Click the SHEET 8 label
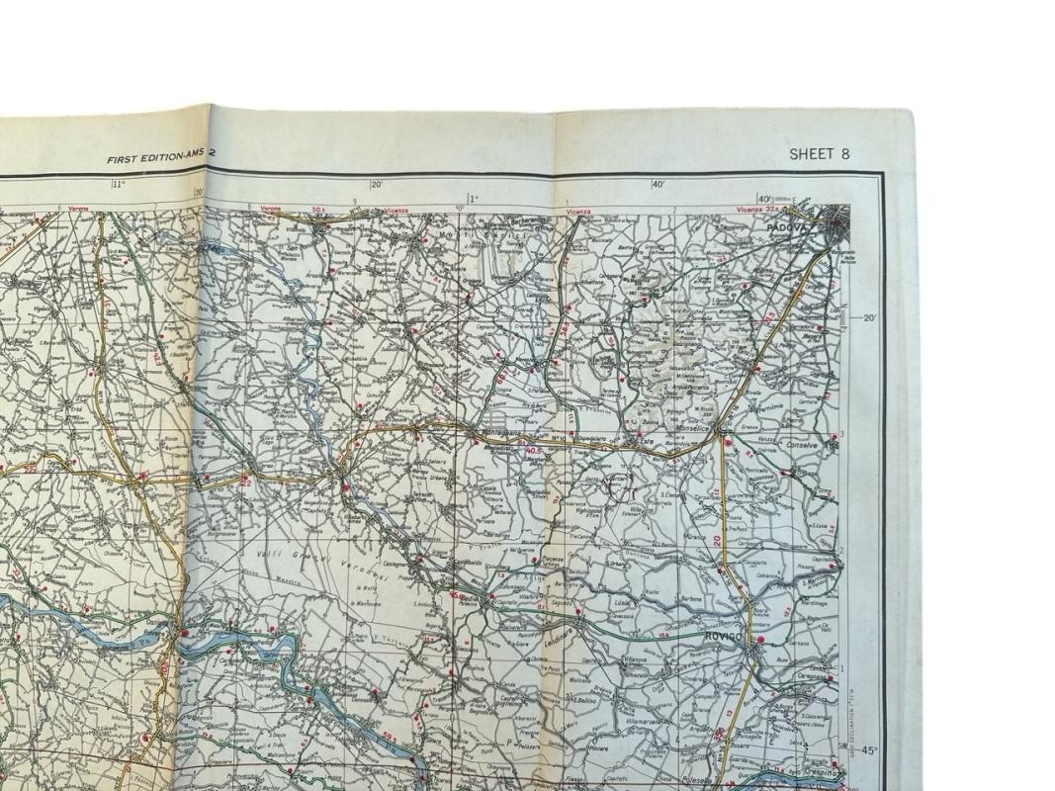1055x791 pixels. (819, 153)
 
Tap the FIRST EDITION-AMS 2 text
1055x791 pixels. (161, 158)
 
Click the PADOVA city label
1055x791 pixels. (787, 227)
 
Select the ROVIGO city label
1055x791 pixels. (723, 638)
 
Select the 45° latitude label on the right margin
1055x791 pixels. (868, 750)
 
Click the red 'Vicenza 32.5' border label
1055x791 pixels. (759, 210)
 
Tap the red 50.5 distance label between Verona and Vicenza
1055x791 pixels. (318, 210)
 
